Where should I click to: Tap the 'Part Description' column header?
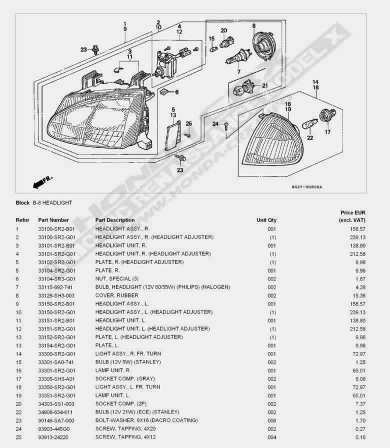click(x=115, y=220)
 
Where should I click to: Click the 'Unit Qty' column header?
click(x=266, y=220)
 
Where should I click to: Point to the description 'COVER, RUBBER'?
click(x=114, y=295)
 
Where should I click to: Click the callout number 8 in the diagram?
click(x=253, y=26)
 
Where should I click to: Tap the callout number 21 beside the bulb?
click(x=265, y=85)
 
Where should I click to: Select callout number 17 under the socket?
click(x=328, y=132)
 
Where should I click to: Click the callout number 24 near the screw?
click(x=214, y=123)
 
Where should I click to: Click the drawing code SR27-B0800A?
click(x=307, y=187)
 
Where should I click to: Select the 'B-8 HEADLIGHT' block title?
click(x=52, y=203)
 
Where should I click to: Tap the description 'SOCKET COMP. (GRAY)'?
click(x=125, y=378)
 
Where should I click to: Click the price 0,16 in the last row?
click(x=359, y=437)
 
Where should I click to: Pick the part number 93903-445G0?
click(x=54, y=428)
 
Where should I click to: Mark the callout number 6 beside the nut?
click(x=176, y=92)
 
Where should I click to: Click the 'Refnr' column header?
click(x=22, y=220)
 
